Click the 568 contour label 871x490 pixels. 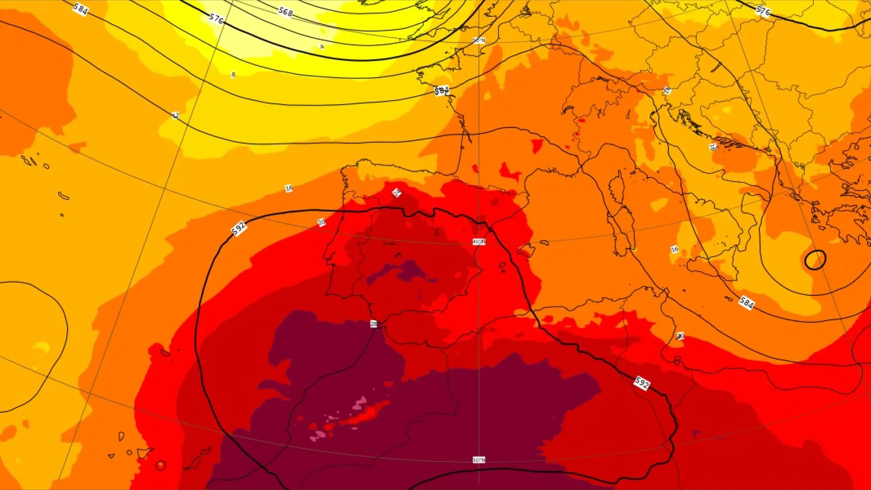[285, 12]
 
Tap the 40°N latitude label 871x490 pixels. [479, 242]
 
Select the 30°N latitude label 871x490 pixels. [479, 460]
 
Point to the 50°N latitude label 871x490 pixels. [479, 41]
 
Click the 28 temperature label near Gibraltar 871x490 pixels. [374, 324]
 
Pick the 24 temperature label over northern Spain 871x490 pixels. [396, 193]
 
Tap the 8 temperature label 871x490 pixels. [233, 74]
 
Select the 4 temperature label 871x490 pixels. [322, 47]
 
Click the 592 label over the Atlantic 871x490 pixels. [239, 228]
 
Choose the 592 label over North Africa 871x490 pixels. [642, 383]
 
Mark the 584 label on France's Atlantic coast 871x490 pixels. [441, 91]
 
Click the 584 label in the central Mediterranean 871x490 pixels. [746, 302]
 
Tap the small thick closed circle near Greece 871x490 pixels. [815, 260]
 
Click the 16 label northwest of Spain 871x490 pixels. [289, 188]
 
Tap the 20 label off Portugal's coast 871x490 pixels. [321, 222]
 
